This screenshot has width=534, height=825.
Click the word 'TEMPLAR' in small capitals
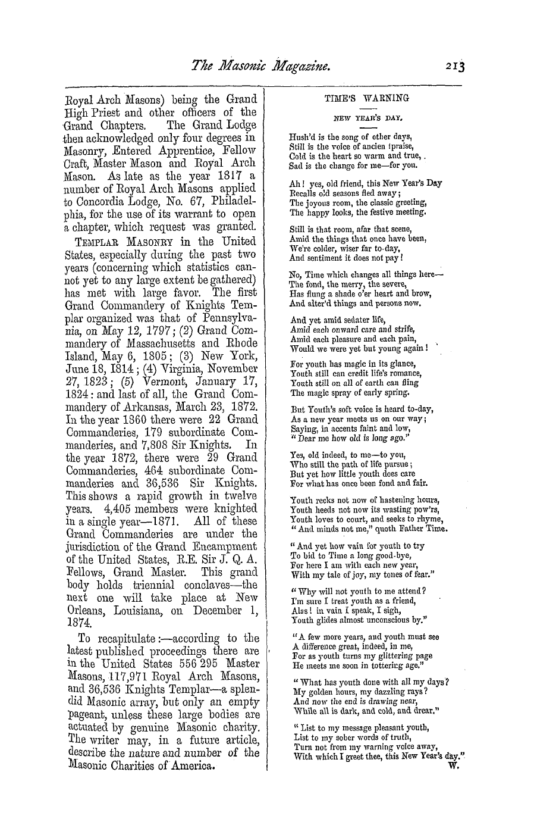(98, 242)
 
